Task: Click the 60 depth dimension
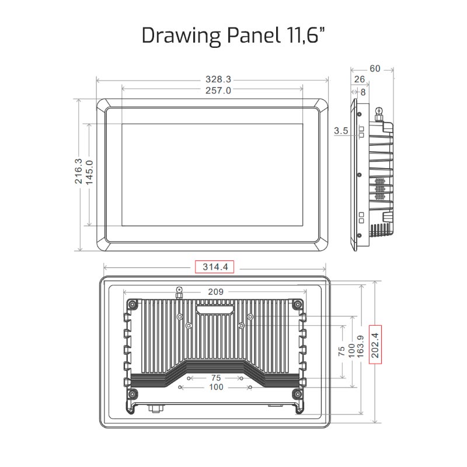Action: tap(374, 68)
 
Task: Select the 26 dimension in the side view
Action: tap(359, 79)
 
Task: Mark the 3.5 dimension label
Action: tap(341, 132)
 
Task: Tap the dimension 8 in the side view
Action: tap(363, 92)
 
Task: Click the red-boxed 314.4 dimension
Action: tap(214, 267)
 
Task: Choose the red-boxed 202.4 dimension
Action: tap(375, 344)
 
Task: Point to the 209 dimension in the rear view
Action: tap(214, 291)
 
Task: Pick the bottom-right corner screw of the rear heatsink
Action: tap(298, 394)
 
